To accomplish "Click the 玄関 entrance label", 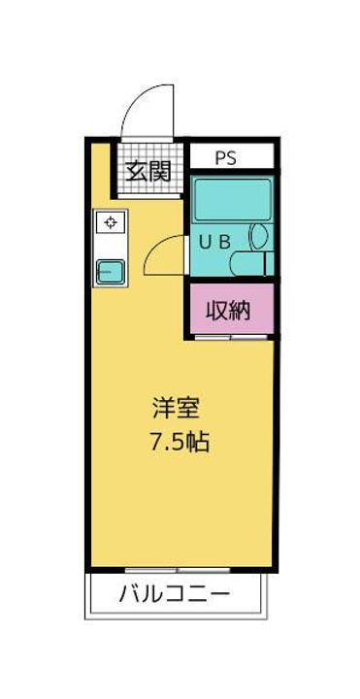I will pos(148,172).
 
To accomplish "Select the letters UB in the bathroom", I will pos(215,243).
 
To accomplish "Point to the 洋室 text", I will pos(179,408).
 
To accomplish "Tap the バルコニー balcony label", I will pos(176,594).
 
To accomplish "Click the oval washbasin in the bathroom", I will pos(258,235).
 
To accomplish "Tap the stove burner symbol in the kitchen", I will pos(111,222).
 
